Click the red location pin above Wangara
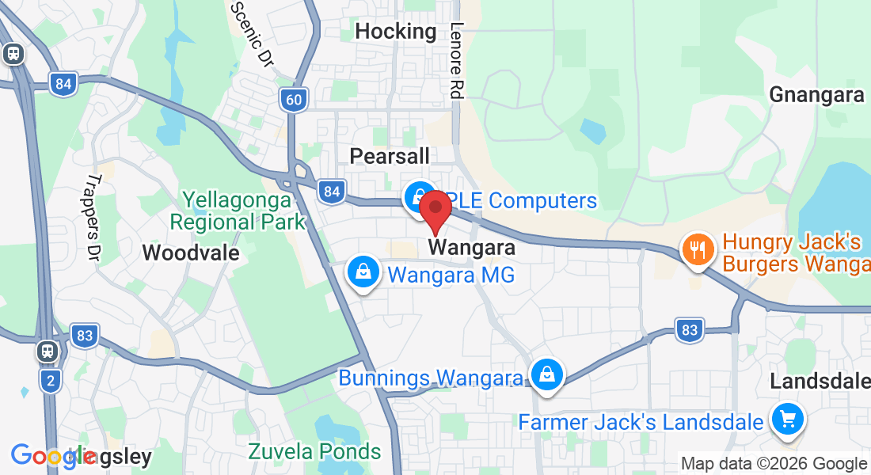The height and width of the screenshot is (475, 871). click(x=435, y=210)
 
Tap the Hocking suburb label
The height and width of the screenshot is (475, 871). click(x=396, y=32)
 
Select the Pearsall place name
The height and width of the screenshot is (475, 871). click(x=390, y=156)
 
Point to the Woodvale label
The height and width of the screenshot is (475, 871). click(x=191, y=253)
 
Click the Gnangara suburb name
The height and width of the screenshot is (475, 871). click(x=817, y=95)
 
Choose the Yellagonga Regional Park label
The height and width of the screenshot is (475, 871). click(x=238, y=211)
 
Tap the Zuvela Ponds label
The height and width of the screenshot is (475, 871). click(x=314, y=452)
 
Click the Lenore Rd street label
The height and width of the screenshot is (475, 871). click(x=456, y=60)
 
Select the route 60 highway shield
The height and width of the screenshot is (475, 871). click(x=293, y=99)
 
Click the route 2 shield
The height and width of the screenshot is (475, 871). click(x=51, y=382)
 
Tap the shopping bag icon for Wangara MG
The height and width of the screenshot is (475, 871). click(x=363, y=272)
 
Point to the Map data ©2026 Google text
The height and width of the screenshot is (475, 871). click(x=774, y=464)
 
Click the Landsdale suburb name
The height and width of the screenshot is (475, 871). click(x=820, y=382)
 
